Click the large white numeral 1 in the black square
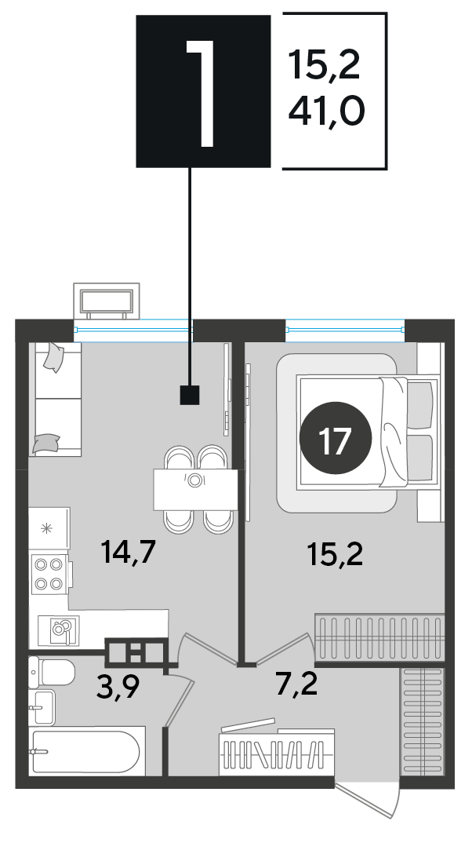click(202, 92)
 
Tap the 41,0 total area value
click(326, 111)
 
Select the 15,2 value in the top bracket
click(324, 64)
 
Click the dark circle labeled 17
click(335, 439)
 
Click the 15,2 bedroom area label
click(336, 554)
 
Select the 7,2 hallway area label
click(297, 684)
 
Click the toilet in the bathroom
click(52, 672)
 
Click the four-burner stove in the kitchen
click(50, 575)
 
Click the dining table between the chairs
click(195, 489)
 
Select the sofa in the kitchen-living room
click(55, 399)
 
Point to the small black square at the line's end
click(190, 395)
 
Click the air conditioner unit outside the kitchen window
click(107, 301)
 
